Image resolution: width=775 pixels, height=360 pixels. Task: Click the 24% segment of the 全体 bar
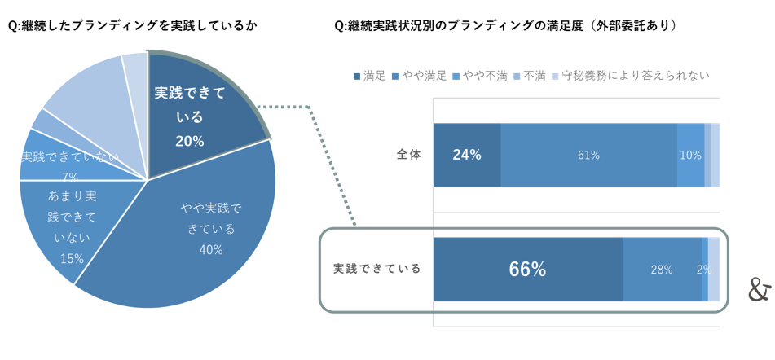(467, 155)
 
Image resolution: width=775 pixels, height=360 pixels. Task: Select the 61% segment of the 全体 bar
(588, 155)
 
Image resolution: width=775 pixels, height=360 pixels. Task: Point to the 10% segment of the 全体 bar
(690, 155)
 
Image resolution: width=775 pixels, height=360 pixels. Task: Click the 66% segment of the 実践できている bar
(528, 269)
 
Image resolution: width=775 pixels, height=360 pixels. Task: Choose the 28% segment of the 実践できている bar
(663, 269)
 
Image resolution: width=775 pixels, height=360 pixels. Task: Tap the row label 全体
(409, 155)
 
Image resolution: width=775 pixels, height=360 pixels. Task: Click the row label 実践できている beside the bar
(376, 269)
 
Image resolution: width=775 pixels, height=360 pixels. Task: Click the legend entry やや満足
(420, 76)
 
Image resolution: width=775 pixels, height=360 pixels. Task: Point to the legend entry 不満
(531, 76)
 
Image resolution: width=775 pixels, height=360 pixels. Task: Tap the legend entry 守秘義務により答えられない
(632, 76)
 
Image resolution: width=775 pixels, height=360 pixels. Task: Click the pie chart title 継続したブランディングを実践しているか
(133, 27)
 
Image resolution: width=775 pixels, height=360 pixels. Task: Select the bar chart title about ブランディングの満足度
(505, 27)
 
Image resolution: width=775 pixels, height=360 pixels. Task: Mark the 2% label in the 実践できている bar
(704, 270)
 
